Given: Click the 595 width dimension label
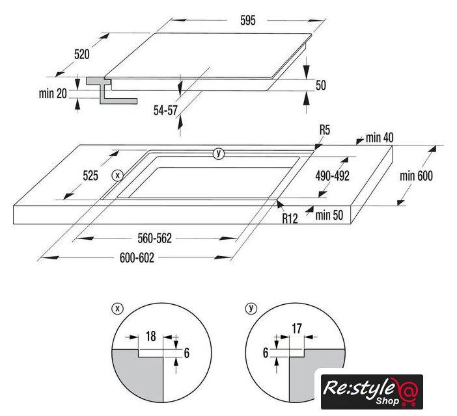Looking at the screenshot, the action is tap(248, 20).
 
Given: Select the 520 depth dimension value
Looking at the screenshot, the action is tap(82, 55).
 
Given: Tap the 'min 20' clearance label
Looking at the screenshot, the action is tap(53, 94).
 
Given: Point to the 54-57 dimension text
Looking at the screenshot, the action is tap(165, 110).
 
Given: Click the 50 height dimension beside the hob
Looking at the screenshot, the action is tap(320, 85).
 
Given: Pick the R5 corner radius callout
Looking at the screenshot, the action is tap(325, 130).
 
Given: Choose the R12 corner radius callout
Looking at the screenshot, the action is tap(290, 218).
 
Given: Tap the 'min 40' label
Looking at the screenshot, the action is tap(380, 138).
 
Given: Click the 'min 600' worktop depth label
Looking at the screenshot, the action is tap(416, 176).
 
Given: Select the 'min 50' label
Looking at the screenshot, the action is tap(329, 215).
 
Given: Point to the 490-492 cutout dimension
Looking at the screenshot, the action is tap(332, 176).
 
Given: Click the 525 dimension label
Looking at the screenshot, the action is tap(90, 175).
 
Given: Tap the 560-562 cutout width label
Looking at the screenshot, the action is tap(155, 239).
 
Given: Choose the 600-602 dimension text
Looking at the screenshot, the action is tap(137, 258).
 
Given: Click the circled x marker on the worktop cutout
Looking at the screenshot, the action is tap(118, 175).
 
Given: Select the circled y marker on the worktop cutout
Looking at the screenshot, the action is tap(219, 153).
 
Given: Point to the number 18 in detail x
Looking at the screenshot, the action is tap(150, 336).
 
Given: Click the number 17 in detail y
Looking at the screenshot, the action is tap(297, 329).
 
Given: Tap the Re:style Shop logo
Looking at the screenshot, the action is tap(372, 392).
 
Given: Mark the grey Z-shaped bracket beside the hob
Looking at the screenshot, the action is tap(111, 90).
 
